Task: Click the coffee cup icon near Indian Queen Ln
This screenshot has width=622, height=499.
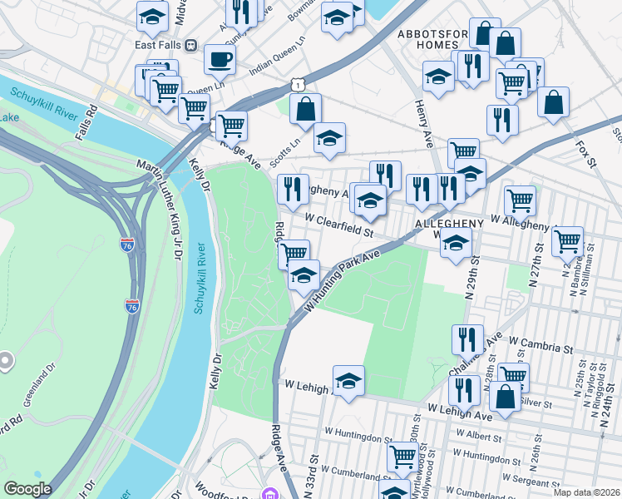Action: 220,59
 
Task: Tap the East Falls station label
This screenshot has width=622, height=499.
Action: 161,44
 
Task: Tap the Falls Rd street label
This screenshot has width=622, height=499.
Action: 86,121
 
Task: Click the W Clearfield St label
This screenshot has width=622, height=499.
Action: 341,222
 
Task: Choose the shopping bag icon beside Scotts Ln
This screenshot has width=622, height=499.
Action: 306,109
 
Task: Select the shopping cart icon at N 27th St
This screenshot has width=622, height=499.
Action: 568,241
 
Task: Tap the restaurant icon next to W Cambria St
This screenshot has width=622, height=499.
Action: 467,339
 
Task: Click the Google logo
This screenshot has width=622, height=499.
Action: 28,489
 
